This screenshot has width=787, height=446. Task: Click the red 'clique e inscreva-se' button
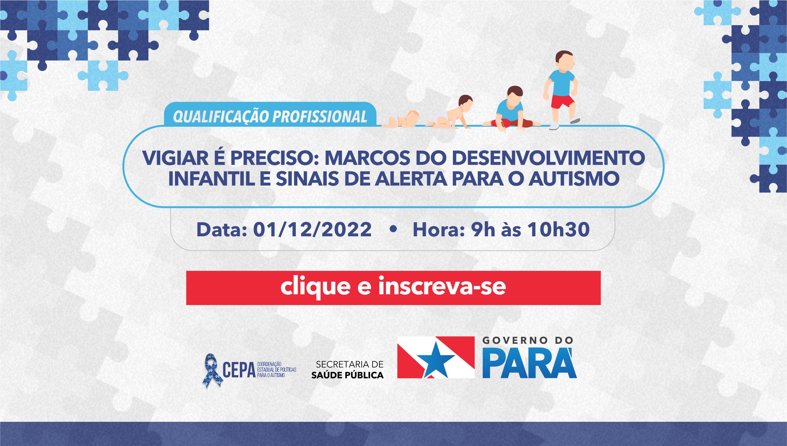(x=393, y=288)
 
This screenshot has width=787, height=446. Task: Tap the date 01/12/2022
(x=312, y=230)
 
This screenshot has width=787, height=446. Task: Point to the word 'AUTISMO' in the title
(x=574, y=179)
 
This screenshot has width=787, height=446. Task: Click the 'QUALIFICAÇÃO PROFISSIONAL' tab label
(x=270, y=117)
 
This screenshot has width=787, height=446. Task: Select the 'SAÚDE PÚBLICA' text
(x=347, y=375)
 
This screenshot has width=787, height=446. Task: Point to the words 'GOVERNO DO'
(x=528, y=340)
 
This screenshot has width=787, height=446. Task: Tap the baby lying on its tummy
(x=400, y=119)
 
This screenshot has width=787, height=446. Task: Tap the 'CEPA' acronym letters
(x=239, y=370)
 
